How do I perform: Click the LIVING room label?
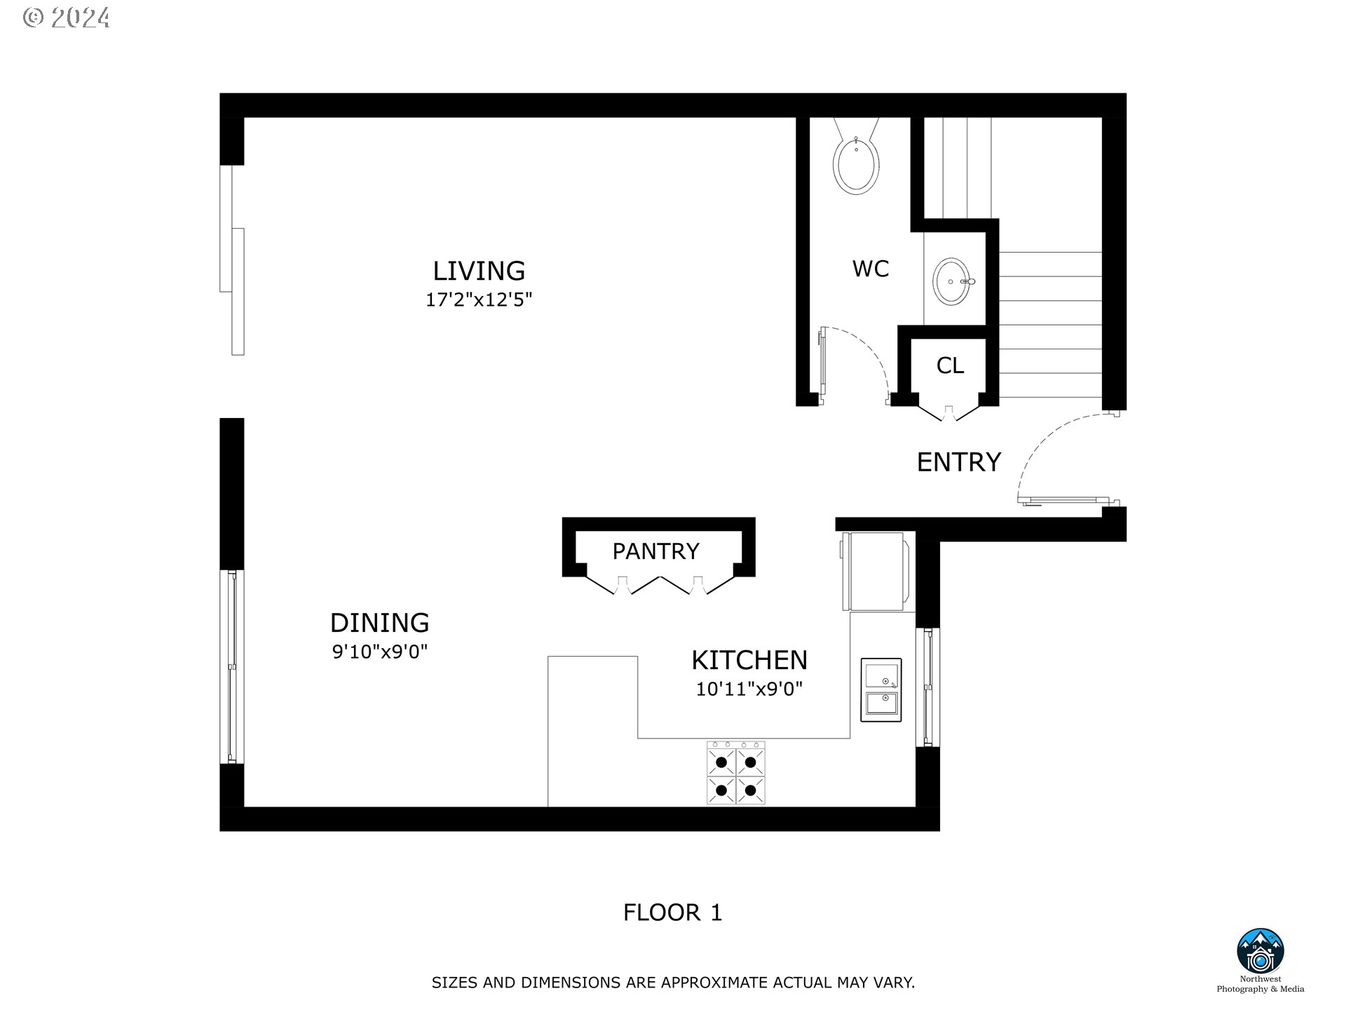pyautogui.click(x=479, y=271)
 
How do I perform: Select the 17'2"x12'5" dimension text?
pyautogui.click(x=479, y=300)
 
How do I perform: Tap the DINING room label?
pyautogui.click(x=379, y=623)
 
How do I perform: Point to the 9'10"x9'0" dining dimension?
pyautogui.click(x=379, y=652)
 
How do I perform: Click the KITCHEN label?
pyautogui.click(x=749, y=660)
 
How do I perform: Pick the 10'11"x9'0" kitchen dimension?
pyautogui.click(x=749, y=689)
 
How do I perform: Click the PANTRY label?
pyautogui.click(x=655, y=551)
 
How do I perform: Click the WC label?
pyautogui.click(x=870, y=269)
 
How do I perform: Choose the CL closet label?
pyautogui.click(x=950, y=365)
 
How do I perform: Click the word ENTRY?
pyautogui.click(x=958, y=462)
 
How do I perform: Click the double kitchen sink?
pyautogui.click(x=881, y=690)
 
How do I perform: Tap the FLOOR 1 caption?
pyautogui.click(x=672, y=913)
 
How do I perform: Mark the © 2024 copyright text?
pyautogui.click(x=67, y=18)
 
